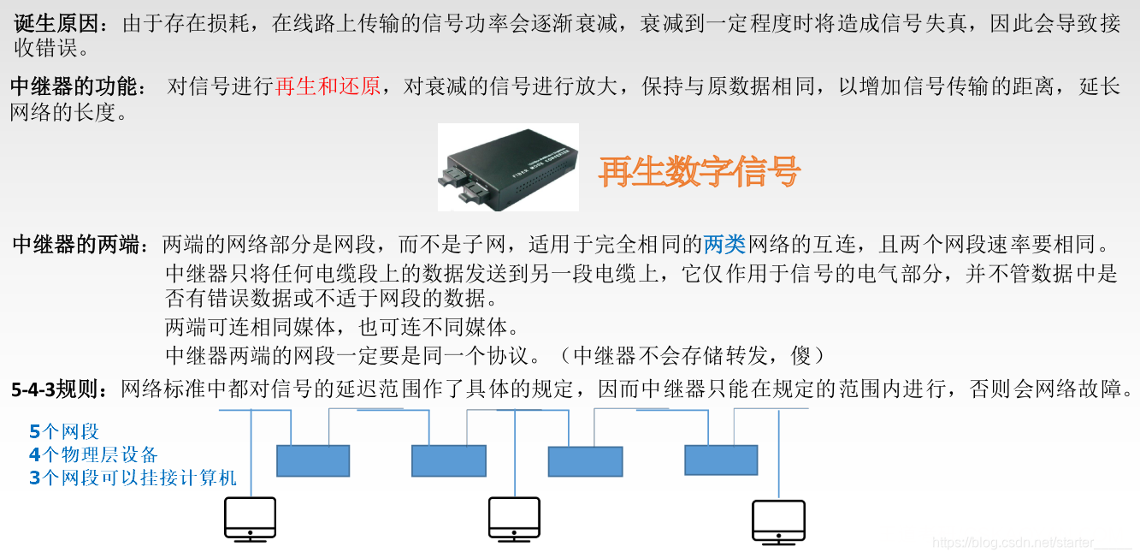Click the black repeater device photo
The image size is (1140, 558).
[508, 168]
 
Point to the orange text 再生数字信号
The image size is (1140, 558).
[699, 171]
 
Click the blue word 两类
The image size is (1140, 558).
[724, 246]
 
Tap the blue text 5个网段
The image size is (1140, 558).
[64, 431]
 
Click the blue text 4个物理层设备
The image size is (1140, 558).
[93, 454]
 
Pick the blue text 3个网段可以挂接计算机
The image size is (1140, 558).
[133, 478]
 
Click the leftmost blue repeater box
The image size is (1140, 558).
[313, 460]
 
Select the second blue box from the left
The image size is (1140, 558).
[448, 460]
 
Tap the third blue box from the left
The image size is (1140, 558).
[585, 461]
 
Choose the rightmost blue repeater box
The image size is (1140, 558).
[721, 460]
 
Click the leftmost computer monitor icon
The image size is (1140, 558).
[250, 519]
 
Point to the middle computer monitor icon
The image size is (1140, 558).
[514, 519]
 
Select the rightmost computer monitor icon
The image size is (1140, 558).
[778, 521]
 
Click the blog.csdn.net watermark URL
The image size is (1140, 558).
[1031, 543]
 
